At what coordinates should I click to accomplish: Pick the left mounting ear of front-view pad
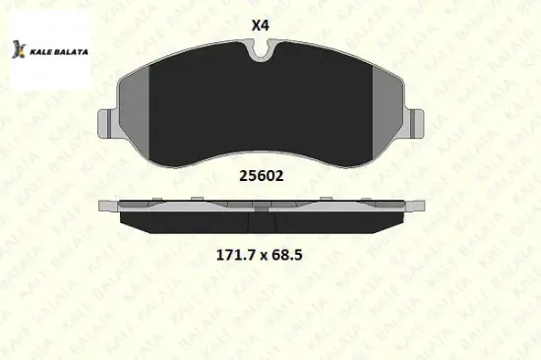click(111, 125)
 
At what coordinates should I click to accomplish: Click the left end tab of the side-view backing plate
click(106, 206)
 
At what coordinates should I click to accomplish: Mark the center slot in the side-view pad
click(263, 209)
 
